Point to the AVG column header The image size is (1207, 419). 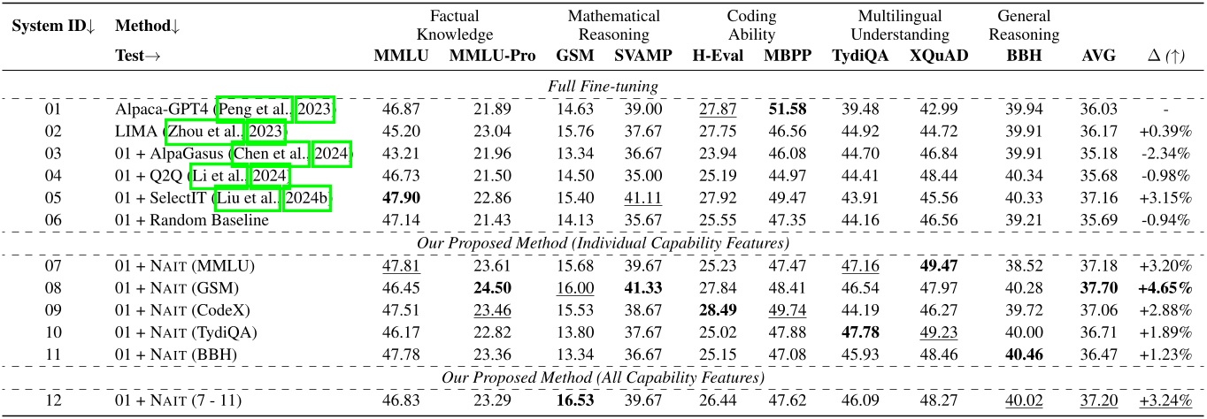[1093, 55]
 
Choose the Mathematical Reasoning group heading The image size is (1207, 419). [613, 26]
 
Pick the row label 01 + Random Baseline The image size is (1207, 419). [192, 221]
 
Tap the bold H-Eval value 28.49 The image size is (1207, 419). [714, 309]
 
